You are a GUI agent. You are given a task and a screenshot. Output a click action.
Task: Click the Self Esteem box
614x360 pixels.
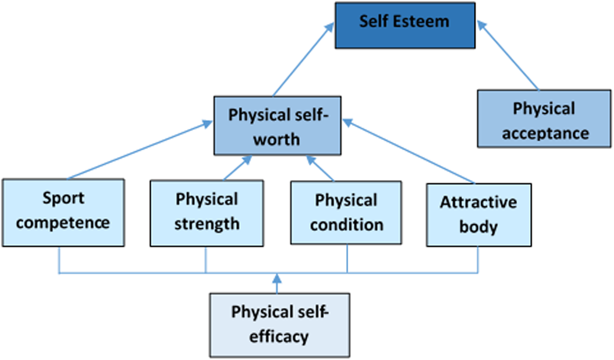[404, 25]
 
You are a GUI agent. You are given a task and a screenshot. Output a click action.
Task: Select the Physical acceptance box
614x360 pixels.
[543, 118]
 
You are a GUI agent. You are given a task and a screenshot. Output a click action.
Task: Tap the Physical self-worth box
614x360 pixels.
[278, 125]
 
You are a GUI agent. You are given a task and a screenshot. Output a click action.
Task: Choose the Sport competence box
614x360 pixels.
[63, 212]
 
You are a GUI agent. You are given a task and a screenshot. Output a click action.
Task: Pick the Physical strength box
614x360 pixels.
[206, 212]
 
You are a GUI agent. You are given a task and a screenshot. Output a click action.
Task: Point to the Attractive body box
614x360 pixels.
[478, 214]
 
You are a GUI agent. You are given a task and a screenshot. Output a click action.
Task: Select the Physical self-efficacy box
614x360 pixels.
[280, 325]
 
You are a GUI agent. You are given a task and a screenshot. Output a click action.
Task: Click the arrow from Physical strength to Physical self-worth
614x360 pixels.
[237, 168]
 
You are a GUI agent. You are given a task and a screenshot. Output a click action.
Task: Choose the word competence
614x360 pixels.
[67, 223]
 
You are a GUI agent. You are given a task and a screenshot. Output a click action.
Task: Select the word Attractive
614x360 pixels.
[478, 202]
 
